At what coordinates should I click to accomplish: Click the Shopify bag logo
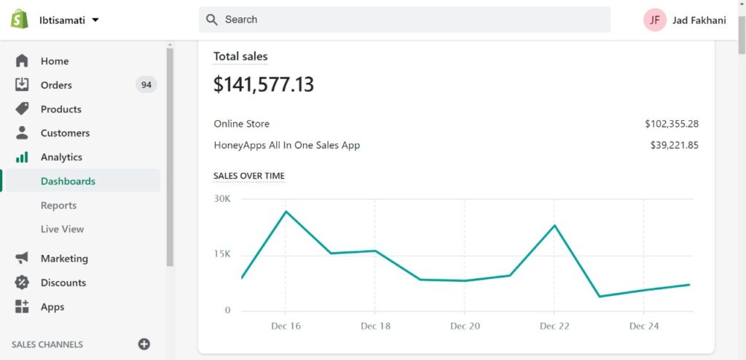tap(20, 19)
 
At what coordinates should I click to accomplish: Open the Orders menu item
tap(56, 85)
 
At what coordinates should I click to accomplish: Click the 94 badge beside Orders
tap(146, 85)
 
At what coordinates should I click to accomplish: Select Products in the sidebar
tap(61, 109)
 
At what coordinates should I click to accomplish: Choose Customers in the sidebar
tap(65, 133)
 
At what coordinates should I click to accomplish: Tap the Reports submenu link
tap(58, 206)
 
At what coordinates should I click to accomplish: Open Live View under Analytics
tap(63, 229)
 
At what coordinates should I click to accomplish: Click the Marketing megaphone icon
tap(22, 258)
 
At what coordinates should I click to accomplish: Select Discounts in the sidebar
tap(63, 283)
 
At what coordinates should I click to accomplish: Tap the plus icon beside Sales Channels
tap(144, 344)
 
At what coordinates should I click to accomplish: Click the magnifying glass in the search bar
tap(212, 20)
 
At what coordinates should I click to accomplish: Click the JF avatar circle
tap(655, 20)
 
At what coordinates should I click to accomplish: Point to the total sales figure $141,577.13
tap(264, 85)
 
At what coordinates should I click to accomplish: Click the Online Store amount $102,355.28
tap(672, 124)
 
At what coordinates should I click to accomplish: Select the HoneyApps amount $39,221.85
tap(675, 145)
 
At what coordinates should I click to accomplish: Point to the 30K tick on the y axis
tap(222, 198)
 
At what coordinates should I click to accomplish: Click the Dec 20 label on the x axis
tap(464, 326)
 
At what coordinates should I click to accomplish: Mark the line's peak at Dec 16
tap(286, 211)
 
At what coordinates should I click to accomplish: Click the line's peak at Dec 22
tap(554, 225)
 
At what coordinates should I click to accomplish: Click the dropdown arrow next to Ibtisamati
tap(95, 20)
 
